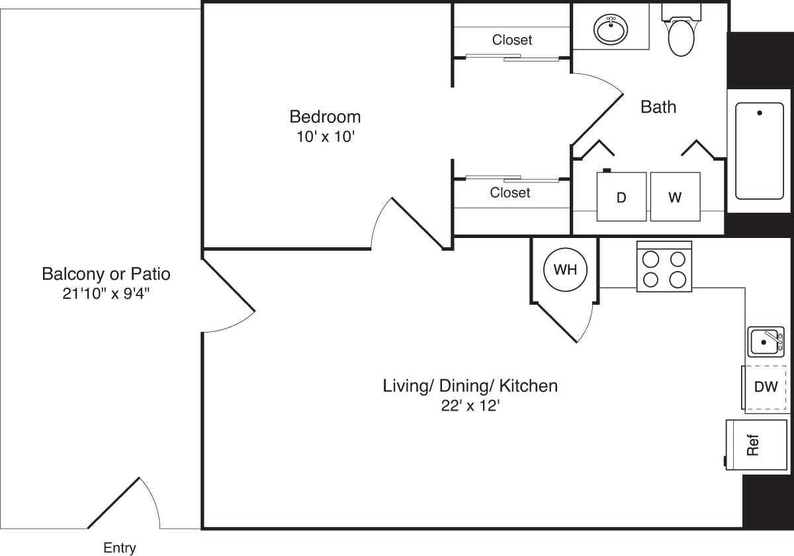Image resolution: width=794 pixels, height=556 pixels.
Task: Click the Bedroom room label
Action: (x=325, y=117)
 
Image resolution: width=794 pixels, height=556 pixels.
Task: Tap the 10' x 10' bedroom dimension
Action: (x=325, y=138)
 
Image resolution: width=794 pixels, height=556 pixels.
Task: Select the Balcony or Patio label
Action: (x=106, y=274)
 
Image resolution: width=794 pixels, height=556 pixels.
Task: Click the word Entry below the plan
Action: (x=120, y=548)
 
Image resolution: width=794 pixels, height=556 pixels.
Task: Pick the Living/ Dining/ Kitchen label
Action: (x=470, y=385)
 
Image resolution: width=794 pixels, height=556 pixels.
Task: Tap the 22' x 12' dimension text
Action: (x=470, y=406)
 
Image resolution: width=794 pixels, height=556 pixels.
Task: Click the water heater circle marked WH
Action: (x=564, y=270)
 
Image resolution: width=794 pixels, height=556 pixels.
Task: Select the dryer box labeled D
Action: (x=621, y=197)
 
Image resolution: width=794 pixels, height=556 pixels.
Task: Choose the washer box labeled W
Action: (x=675, y=197)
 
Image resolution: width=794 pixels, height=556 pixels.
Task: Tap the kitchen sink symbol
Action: (x=766, y=342)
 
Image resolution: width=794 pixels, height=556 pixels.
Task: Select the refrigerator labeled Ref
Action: (x=755, y=445)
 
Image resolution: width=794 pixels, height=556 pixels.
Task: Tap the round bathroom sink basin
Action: (x=611, y=30)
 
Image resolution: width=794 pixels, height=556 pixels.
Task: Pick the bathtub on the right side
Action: (x=759, y=151)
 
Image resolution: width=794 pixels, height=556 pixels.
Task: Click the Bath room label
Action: (x=658, y=107)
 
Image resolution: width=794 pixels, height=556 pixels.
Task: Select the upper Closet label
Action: (x=511, y=40)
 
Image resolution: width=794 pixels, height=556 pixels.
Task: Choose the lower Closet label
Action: (x=510, y=193)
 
